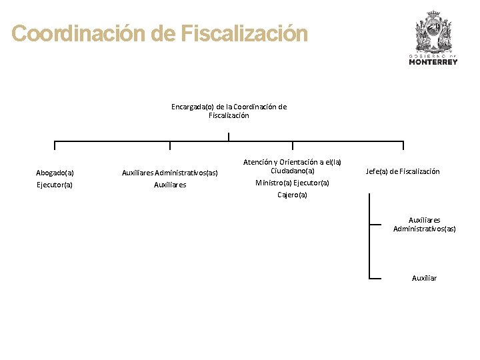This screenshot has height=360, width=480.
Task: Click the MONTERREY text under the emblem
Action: coord(433,62)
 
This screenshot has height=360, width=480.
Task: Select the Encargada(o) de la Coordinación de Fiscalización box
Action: coord(229,111)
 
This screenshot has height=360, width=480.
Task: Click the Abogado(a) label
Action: coord(55,173)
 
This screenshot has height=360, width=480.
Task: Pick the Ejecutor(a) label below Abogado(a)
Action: coord(55,185)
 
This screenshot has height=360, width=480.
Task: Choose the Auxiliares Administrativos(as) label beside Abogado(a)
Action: coord(170,173)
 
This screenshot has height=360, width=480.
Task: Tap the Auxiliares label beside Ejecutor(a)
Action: coord(170,185)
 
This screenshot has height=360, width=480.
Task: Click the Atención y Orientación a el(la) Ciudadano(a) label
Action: coord(292,167)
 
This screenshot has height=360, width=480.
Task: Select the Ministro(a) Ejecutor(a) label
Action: coord(292,183)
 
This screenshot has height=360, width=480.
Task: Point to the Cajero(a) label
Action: coord(292,195)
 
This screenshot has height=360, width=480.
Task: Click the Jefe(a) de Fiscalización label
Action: coord(403,171)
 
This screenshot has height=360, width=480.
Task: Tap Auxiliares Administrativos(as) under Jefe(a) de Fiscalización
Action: coord(424,224)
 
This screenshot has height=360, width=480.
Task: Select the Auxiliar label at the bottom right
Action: coord(424,278)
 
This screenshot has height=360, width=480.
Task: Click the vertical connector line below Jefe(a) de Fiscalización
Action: coord(369,240)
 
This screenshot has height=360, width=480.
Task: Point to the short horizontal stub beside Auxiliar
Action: coord(375,278)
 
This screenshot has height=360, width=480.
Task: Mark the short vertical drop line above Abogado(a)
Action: coord(55,145)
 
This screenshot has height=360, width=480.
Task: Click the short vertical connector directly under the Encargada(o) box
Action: coord(229,137)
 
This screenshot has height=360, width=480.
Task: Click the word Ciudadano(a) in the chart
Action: coord(292,171)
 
